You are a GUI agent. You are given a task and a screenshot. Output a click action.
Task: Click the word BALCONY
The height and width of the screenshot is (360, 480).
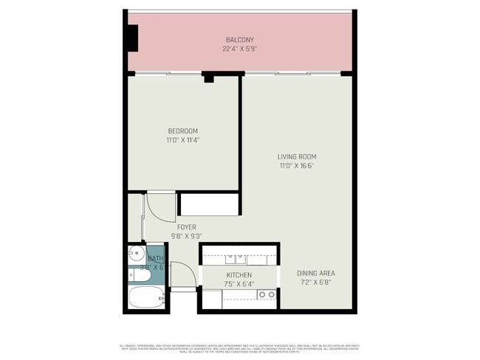point(239,40)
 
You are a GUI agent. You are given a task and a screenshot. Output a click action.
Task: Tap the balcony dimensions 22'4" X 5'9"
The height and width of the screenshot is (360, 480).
point(239,49)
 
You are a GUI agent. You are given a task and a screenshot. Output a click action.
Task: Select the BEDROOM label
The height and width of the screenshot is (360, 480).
point(182,131)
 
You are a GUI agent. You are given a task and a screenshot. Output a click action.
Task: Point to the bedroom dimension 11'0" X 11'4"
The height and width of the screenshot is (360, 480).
point(182,139)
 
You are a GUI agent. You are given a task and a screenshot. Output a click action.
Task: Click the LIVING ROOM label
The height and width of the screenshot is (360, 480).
point(297,156)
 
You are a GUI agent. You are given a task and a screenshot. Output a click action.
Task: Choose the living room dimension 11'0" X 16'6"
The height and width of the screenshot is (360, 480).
point(297,166)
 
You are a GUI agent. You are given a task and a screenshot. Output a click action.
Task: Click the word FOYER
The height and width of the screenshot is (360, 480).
point(186,226)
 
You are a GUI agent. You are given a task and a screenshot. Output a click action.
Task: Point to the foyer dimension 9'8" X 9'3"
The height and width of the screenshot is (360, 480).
point(186,236)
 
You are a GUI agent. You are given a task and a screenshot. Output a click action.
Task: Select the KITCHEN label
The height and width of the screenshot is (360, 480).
point(238,274)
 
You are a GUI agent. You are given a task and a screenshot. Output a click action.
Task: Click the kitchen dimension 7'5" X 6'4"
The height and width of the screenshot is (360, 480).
point(238,283)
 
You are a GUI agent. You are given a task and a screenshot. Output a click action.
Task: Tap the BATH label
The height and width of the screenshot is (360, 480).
point(156,259)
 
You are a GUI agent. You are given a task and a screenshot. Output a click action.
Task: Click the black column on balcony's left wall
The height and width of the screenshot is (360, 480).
point(133,37)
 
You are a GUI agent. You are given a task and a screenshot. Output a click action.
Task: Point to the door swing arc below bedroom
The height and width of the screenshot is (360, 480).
point(158,206)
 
